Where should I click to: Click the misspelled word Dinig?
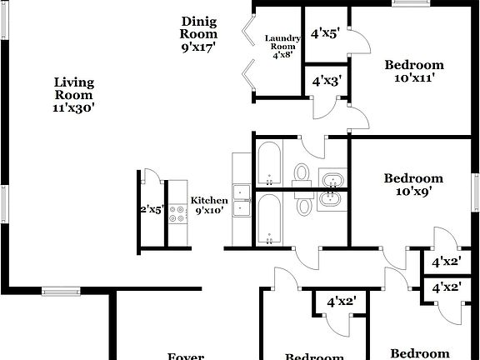[199, 22]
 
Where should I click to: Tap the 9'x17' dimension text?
[199, 47]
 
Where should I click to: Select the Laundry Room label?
[282, 42]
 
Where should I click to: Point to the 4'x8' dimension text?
[282, 55]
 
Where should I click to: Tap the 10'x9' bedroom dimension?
[412, 190]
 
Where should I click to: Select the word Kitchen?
[209, 201]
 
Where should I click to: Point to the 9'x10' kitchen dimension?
[209, 212]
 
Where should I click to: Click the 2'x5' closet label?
[152, 210]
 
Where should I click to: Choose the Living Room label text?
[74, 88]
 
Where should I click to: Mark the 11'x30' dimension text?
[74, 107]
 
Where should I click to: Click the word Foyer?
[186, 356]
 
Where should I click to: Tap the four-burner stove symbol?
[178, 215]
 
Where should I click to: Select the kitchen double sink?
[242, 201]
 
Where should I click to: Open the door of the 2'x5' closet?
[151, 177]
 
